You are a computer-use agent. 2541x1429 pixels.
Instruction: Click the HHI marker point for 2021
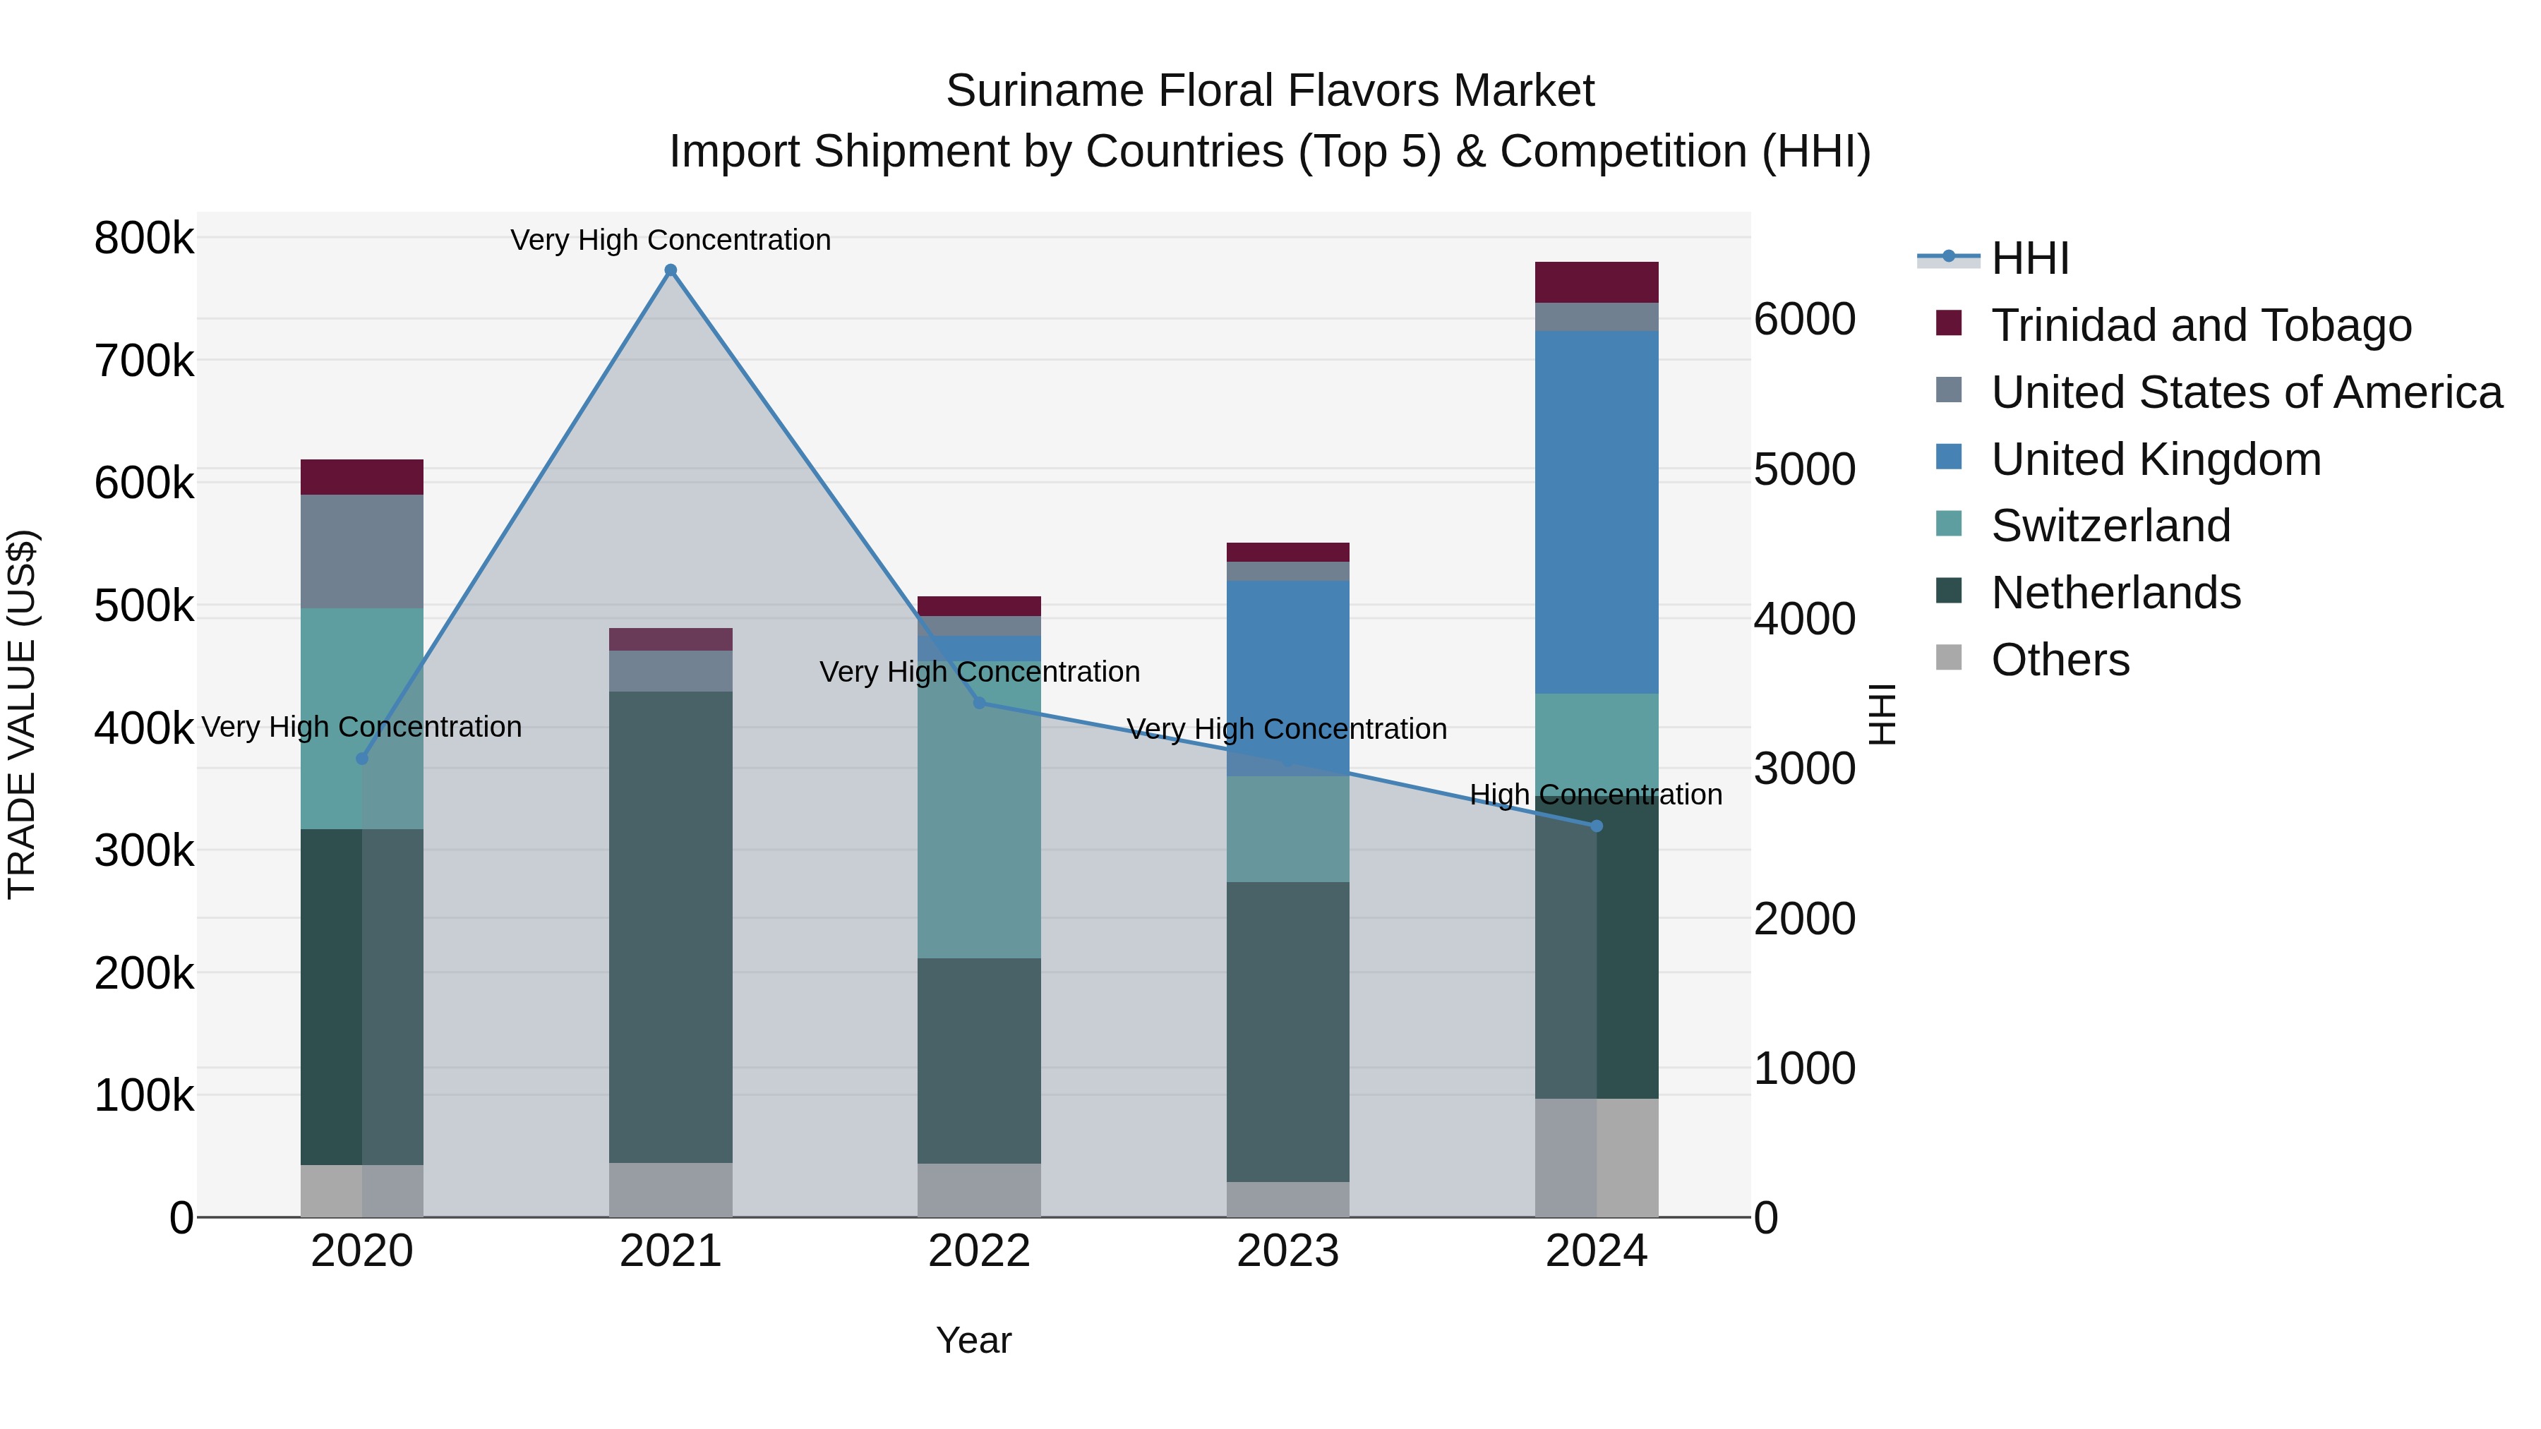click(671, 270)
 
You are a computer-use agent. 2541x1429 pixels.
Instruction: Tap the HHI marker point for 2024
click(1597, 826)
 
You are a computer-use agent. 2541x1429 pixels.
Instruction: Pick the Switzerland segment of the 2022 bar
click(980, 809)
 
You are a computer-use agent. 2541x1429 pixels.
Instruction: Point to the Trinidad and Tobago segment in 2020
click(362, 477)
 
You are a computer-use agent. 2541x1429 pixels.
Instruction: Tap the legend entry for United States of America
click(2246, 392)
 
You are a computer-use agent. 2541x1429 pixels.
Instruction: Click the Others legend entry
click(2060, 660)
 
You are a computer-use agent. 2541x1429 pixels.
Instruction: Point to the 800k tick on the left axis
click(144, 239)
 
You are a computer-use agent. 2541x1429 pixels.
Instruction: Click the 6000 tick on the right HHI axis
click(1804, 320)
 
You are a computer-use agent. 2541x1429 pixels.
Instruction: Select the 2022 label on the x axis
click(980, 1251)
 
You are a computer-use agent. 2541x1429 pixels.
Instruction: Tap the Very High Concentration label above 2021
click(671, 241)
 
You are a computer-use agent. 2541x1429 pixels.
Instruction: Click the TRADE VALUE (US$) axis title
click(23, 714)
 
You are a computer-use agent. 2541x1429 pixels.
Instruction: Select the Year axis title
click(973, 1340)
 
